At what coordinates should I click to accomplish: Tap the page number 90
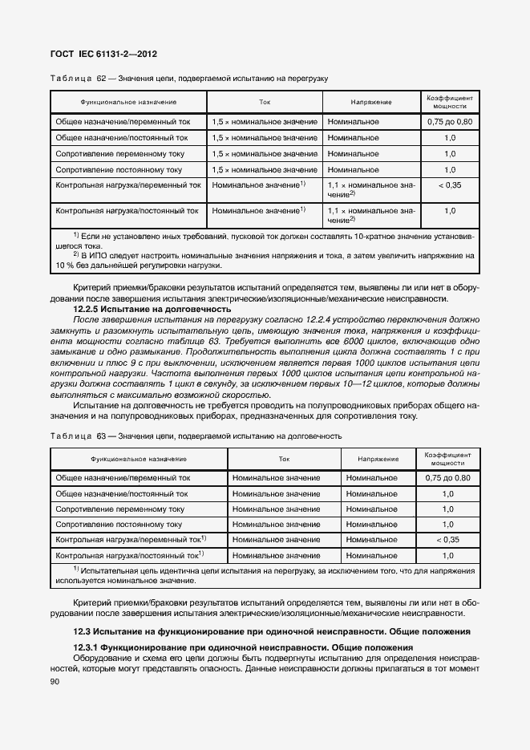click(x=55, y=681)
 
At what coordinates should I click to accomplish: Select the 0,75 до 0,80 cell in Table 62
click(x=450, y=121)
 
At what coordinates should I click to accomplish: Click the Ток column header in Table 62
click(x=265, y=103)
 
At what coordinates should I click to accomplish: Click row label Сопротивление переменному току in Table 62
click(x=119, y=153)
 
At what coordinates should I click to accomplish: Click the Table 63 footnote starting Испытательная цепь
click(x=265, y=574)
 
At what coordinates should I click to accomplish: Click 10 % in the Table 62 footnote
click(x=64, y=266)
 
